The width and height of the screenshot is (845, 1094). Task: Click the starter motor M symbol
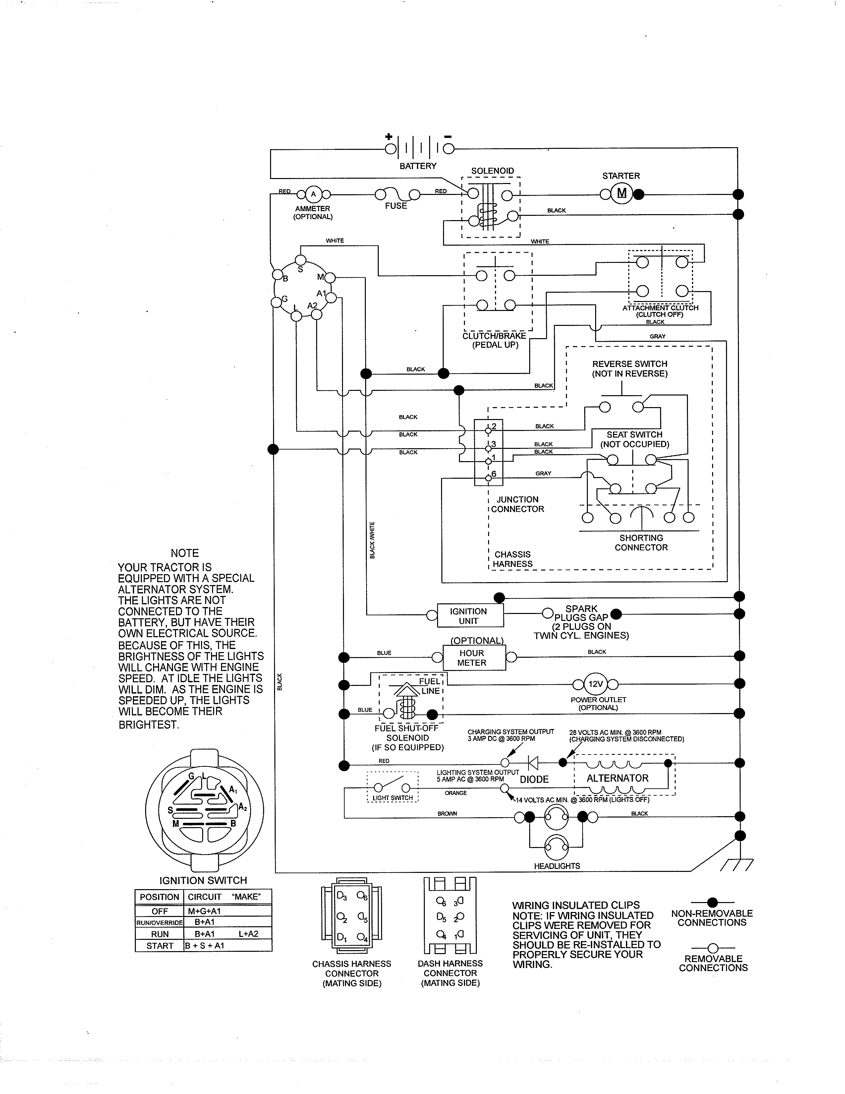click(x=622, y=193)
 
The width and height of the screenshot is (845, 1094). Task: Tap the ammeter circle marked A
click(x=313, y=194)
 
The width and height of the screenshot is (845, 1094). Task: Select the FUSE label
click(x=395, y=206)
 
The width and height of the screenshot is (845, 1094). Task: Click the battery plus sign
click(x=388, y=136)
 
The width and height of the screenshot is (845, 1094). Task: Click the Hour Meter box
click(x=474, y=658)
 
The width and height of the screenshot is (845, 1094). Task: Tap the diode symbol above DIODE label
click(x=533, y=763)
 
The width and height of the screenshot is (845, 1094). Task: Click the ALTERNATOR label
click(x=617, y=778)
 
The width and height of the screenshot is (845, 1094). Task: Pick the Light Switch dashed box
click(x=392, y=787)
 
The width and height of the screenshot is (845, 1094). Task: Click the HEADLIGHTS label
click(x=557, y=866)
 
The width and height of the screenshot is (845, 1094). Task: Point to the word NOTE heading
click(x=185, y=553)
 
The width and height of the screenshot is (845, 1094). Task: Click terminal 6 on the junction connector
click(x=488, y=478)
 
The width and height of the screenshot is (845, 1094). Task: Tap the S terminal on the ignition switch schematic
click(x=300, y=260)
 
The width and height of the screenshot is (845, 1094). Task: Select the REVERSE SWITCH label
click(x=629, y=364)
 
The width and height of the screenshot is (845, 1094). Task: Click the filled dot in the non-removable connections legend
click(x=712, y=903)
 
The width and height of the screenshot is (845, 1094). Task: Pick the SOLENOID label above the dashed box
click(x=492, y=171)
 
